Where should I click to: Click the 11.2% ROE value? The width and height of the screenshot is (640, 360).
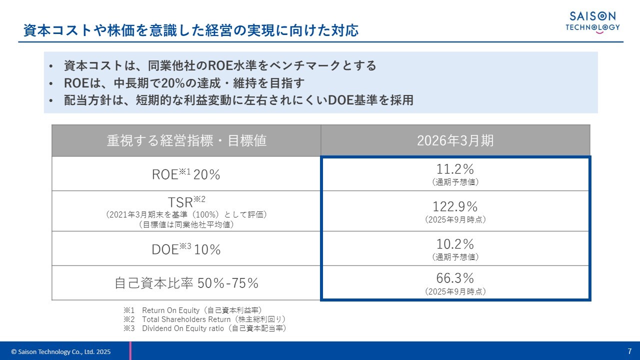click(x=455, y=169)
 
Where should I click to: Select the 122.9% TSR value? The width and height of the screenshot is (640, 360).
click(x=455, y=206)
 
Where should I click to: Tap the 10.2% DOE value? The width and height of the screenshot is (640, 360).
click(x=455, y=244)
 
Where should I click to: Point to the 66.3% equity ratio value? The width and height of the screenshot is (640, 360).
click(x=455, y=278)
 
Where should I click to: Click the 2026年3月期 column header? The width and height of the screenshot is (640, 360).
click(x=455, y=140)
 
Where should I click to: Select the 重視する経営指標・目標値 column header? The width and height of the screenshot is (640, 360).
click(x=186, y=140)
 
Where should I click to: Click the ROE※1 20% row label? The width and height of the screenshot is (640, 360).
click(x=186, y=174)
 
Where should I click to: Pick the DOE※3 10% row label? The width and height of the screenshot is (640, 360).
click(x=186, y=249)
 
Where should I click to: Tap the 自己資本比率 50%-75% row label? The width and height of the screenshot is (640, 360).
click(x=186, y=283)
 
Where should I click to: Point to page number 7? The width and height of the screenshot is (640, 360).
click(x=629, y=351)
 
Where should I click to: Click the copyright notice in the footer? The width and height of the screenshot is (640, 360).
click(x=60, y=352)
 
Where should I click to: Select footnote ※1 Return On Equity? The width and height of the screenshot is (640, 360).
click(x=192, y=310)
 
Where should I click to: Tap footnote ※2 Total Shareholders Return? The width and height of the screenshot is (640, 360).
click(x=204, y=319)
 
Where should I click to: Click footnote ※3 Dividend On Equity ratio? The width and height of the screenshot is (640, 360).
click(x=204, y=328)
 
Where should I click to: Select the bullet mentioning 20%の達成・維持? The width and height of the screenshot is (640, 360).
click(x=184, y=82)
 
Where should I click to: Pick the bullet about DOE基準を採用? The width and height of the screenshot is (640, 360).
click(x=238, y=100)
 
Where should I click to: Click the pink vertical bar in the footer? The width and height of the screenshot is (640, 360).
click(x=130, y=351)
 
